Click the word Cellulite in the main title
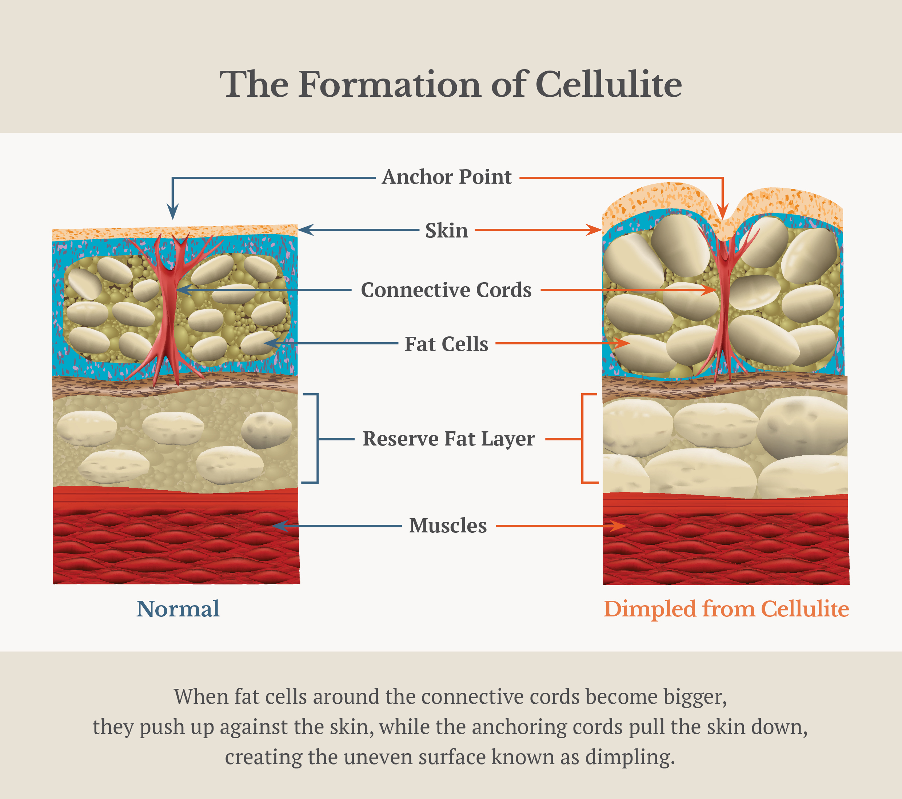608,84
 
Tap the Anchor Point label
447,177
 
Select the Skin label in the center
447,230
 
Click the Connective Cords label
446,290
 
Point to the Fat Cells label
447,344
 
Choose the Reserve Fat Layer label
448,439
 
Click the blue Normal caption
177,609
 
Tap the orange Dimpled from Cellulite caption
726,609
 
